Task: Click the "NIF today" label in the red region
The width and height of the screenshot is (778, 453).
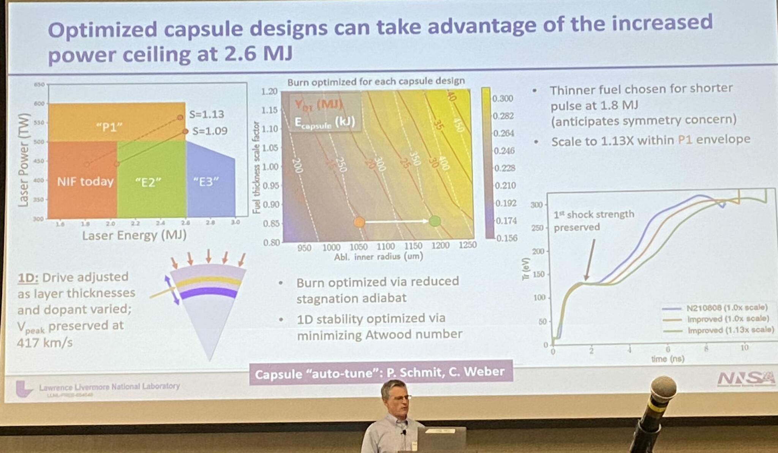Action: (x=85, y=182)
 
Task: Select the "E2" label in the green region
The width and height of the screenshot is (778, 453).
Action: (x=148, y=182)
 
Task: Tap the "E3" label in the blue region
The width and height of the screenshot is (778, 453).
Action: (x=206, y=182)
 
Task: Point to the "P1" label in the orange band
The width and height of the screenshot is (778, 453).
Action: (x=109, y=127)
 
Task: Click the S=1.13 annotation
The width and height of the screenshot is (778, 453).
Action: (x=207, y=114)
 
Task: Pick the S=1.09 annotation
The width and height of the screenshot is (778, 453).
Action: (x=210, y=131)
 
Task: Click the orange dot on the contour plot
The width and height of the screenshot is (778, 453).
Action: (x=359, y=222)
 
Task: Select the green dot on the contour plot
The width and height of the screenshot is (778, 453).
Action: (x=435, y=221)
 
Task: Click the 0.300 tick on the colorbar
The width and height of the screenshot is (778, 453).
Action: (x=503, y=99)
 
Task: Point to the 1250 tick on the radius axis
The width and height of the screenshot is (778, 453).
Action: (x=467, y=245)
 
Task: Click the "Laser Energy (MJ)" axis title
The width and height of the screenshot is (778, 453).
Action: (x=134, y=236)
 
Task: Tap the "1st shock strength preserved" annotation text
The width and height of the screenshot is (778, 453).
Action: (x=593, y=221)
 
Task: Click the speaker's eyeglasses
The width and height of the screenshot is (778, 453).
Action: (x=399, y=398)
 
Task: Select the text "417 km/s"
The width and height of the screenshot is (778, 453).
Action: (x=44, y=343)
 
